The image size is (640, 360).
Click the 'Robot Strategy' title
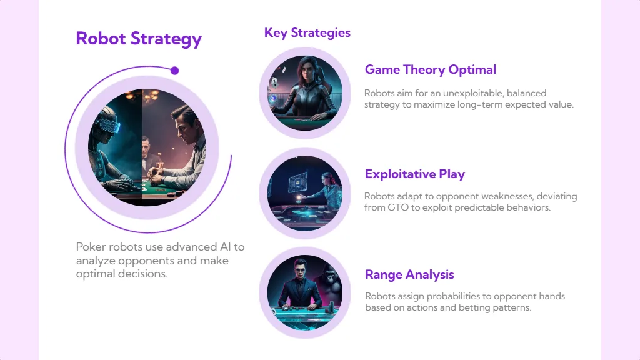click(139, 39)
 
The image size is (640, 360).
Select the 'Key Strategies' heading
click(307, 33)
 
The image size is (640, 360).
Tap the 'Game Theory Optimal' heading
click(431, 70)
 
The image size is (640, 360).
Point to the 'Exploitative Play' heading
click(415, 174)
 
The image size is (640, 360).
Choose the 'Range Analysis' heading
click(409, 275)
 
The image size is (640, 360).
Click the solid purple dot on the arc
click(175, 71)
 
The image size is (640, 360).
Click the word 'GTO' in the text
click(398, 207)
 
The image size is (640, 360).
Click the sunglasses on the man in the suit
click(300, 269)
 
